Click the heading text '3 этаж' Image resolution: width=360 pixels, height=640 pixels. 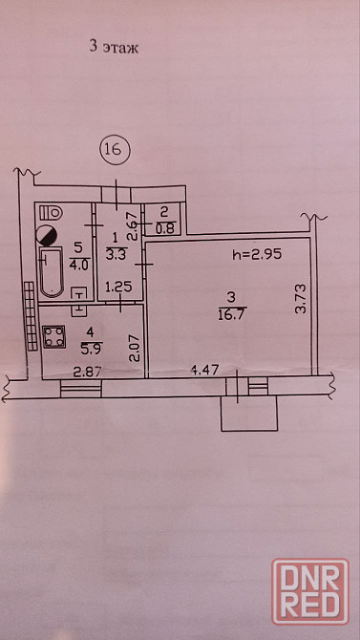coord(114,47)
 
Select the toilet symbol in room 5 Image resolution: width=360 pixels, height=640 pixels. coord(52,213)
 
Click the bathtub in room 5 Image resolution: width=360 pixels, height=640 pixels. coord(51,272)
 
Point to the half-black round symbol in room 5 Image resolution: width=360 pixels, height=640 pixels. coord(46,235)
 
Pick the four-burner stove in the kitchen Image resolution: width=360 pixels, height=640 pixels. coord(54,336)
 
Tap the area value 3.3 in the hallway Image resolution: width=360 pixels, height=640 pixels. coord(116,250)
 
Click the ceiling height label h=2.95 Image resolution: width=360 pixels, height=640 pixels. coord(257,254)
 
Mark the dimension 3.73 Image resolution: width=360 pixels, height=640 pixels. coord(301,299)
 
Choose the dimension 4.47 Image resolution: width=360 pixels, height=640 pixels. coord(205,371)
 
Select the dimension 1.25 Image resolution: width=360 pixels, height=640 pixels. coord(118,287)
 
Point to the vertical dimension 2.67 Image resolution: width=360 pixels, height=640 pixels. coord(131,224)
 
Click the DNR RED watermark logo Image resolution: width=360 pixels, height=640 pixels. coord(310,591)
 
